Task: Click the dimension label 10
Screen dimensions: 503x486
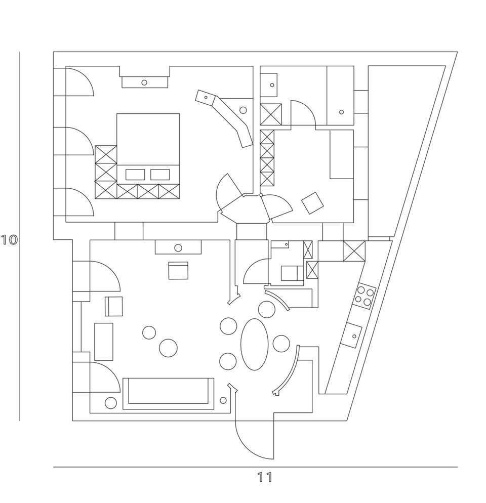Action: [9, 239]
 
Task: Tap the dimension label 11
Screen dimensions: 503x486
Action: [264, 478]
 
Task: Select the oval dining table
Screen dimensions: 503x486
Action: [254, 344]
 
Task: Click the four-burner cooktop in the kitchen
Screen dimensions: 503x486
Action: [365, 296]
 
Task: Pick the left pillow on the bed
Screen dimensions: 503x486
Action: [135, 175]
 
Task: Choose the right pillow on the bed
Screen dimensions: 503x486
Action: [160, 175]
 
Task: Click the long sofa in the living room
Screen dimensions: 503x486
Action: [169, 393]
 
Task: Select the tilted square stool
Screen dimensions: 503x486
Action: [312, 203]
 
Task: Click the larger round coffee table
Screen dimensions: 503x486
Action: [168, 348]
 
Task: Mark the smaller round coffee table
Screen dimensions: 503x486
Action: [149, 332]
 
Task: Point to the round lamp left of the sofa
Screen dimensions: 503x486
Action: [111, 403]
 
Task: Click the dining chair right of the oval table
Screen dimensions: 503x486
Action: [281, 344]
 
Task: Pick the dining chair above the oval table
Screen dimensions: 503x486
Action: [266, 309]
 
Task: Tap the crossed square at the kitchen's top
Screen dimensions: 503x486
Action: [354, 251]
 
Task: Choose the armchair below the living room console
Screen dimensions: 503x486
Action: [178, 270]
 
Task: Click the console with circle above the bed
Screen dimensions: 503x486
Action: [144, 82]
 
